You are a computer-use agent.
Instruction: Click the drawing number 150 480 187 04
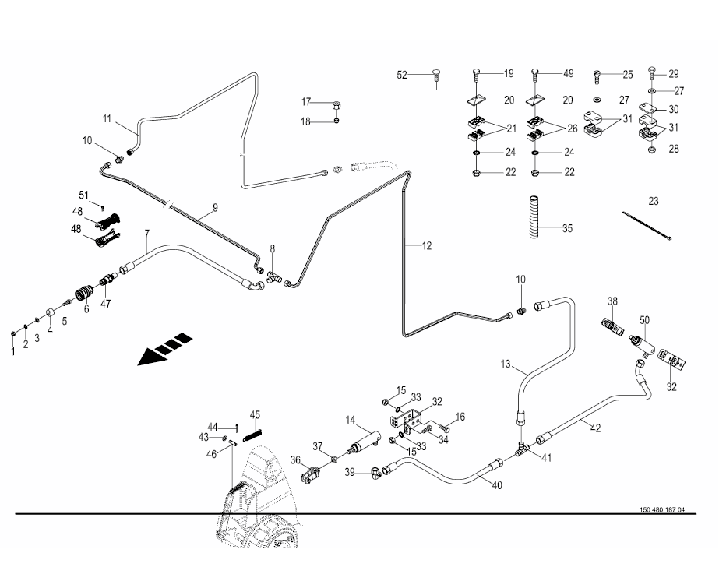pos(662,510)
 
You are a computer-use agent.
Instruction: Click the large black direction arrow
pos(164,349)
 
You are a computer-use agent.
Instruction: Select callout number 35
pos(568,228)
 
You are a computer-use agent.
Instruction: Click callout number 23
pos(654,201)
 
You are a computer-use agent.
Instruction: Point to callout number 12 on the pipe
pos(426,246)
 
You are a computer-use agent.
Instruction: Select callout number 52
pos(402,75)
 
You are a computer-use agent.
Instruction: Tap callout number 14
pos(351,420)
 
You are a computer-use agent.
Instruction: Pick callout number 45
pos(255,414)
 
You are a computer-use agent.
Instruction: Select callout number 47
pos(105,305)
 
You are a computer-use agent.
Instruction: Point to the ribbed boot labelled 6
pos(83,295)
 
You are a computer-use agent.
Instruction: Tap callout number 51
pos(84,194)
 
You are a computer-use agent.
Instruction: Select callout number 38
pos(613,301)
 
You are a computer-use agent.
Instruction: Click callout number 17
pos(307,102)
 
